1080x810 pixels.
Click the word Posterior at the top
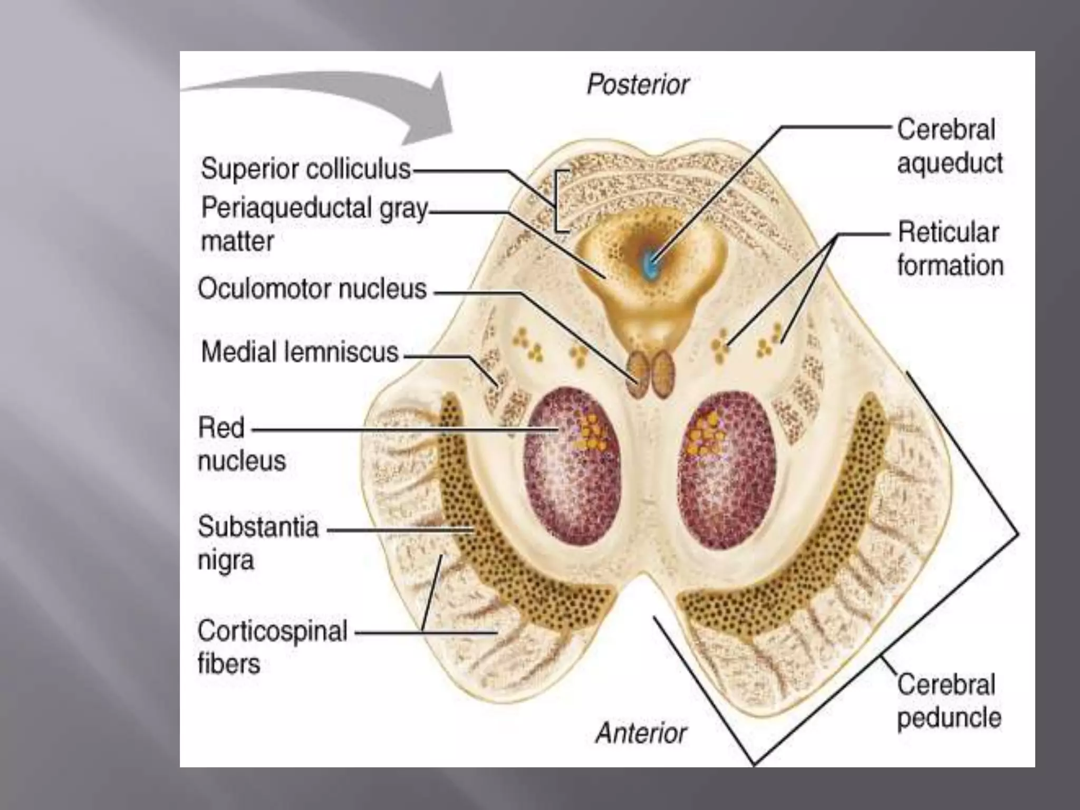click(638, 84)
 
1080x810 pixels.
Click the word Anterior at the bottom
click(641, 733)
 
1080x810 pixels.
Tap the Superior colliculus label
click(305, 169)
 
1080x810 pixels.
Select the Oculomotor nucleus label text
click(312, 289)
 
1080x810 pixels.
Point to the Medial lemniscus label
click(300, 352)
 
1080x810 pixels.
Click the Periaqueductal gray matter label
click(313, 224)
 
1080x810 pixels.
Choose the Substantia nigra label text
click(258, 543)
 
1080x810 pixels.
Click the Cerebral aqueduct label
click(949, 146)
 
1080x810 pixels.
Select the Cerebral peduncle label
click(948, 701)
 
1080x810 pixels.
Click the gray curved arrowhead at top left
click(427, 113)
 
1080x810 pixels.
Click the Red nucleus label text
click(241, 444)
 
